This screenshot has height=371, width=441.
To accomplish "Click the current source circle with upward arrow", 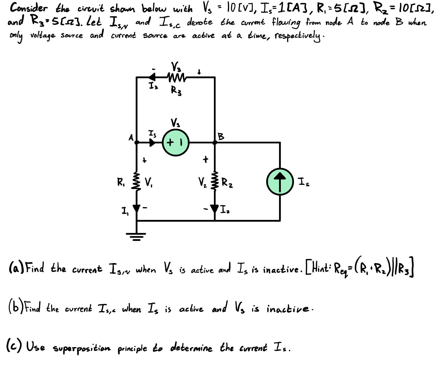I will pyautogui.click(x=280, y=181).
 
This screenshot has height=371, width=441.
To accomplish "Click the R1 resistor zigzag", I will pyautogui.click(x=137, y=181).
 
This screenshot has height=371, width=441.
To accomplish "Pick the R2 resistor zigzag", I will pyautogui.click(x=215, y=181).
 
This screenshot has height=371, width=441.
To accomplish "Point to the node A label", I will pyautogui.click(x=131, y=138).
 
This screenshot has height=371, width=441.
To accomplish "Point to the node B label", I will pyautogui.click(x=221, y=136).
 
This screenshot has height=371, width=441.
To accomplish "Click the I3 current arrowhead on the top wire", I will pyautogui.click(x=152, y=77).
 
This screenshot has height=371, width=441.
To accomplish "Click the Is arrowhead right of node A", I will pyautogui.click(x=153, y=142).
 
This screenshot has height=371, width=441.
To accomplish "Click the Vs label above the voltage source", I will pyautogui.click(x=175, y=123).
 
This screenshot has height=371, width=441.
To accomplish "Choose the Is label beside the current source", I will pyautogui.click(x=303, y=182).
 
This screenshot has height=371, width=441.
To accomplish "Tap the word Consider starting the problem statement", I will pyautogui.click(x=28, y=8).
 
